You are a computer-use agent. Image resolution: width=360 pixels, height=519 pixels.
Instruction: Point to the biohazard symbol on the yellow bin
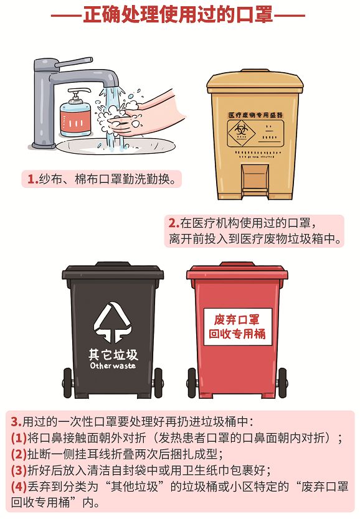coord(242,132)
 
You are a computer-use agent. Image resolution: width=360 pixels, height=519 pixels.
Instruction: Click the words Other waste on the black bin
coord(113,365)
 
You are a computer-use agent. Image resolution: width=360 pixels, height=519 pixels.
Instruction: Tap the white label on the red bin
coord(237,327)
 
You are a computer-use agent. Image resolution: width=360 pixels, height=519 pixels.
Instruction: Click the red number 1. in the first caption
coord(32,179)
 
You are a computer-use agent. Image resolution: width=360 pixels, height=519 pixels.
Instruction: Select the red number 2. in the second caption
coord(174,223)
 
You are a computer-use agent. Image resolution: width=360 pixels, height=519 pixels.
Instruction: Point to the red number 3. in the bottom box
coord(16,422)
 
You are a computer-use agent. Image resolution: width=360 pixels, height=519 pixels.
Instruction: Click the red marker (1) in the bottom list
coord(19,438)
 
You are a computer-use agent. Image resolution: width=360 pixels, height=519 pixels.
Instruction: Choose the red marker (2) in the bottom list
coord(19,454)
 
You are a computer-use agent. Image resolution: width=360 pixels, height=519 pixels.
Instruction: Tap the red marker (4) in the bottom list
coord(19,487)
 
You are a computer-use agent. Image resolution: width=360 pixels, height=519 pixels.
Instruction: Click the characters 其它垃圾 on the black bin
coord(113,355)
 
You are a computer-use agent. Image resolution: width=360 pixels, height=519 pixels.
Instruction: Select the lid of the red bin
coord(237,271)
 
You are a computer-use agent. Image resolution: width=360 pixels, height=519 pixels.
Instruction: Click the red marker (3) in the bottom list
coord(19,470)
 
